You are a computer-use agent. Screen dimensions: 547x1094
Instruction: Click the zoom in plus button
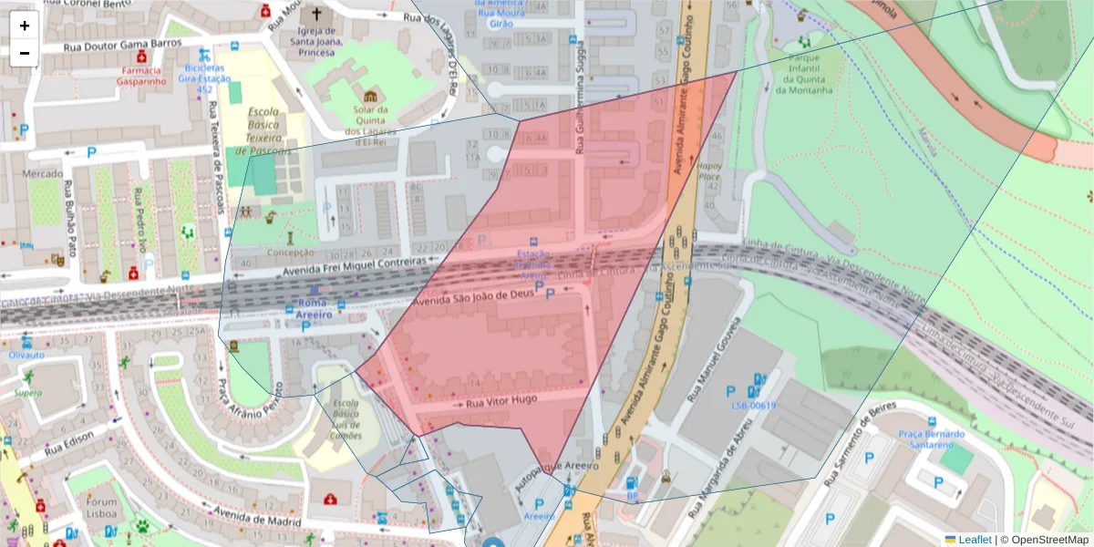(25, 26)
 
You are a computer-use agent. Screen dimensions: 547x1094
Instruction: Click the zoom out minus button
(25, 53)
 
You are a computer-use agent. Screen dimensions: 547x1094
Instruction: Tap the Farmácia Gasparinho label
(139, 76)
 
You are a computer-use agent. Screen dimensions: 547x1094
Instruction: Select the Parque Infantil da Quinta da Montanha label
(803, 77)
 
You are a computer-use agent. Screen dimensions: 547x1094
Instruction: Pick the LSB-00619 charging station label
(753, 406)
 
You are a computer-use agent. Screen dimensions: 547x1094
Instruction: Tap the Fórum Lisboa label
(102, 508)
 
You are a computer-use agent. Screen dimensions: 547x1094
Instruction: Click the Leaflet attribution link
(975, 540)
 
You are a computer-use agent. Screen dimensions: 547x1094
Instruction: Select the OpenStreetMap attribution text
(1046, 540)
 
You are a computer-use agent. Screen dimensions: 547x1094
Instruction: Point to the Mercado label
(42, 173)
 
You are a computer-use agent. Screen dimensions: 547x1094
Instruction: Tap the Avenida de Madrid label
(255, 517)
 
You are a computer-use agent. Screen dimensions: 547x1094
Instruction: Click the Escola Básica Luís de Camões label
(346, 418)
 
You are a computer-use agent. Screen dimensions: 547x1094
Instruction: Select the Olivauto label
(26, 355)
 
